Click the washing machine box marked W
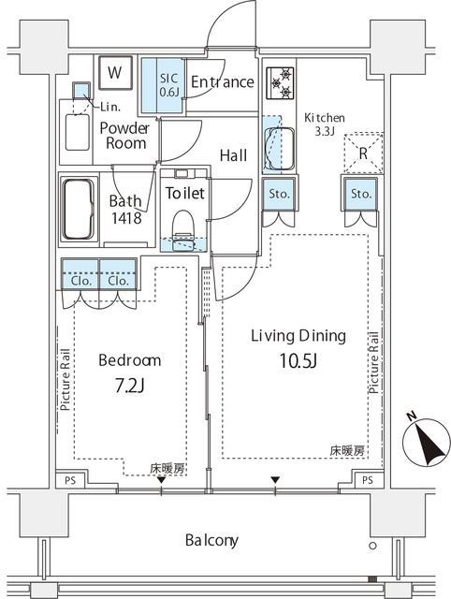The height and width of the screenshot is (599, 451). [x=115, y=73]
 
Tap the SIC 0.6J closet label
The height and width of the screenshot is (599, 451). [x=169, y=85]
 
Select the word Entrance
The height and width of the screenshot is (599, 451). [x=223, y=81]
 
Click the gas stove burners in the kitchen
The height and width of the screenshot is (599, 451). [x=281, y=82]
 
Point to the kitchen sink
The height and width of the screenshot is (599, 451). [x=279, y=148]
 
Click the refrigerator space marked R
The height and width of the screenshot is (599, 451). [x=363, y=153]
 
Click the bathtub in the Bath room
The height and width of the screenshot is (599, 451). [x=79, y=210]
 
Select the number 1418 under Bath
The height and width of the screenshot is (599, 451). [x=126, y=218]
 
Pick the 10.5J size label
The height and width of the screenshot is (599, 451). [x=298, y=360]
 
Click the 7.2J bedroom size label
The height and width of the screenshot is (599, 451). [x=129, y=387]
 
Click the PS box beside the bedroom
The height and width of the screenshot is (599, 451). [x=70, y=480]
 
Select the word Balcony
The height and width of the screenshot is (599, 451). [x=212, y=540]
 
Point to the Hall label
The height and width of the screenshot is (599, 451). [x=233, y=155]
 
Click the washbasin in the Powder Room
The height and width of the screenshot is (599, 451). [x=78, y=132]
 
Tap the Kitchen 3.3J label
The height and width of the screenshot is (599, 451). [x=325, y=124]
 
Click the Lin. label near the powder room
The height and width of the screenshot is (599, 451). [x=110, y=108]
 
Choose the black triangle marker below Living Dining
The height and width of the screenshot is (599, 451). [x=275, y=480]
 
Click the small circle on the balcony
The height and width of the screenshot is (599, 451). [x=372, y=546]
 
